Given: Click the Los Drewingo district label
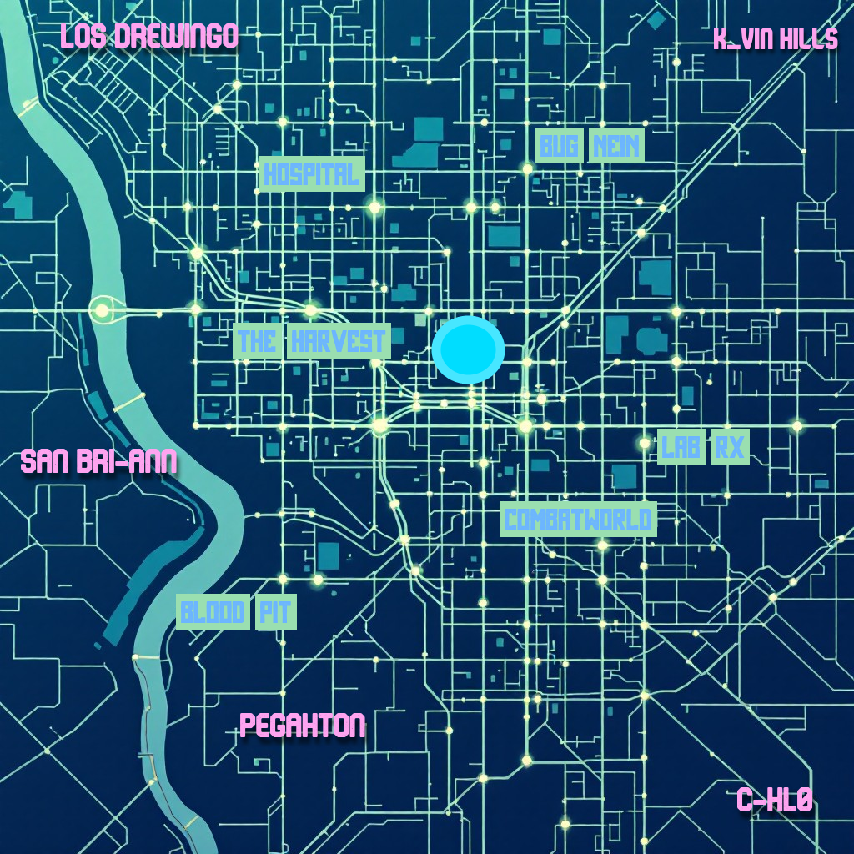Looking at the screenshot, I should (149, 36).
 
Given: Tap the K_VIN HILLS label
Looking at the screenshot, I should (775, 39).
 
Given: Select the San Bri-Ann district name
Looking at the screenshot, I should (98, 461).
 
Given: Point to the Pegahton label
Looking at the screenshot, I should (303, 726).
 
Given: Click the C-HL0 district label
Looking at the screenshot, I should (774, 801).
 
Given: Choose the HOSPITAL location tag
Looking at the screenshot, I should (312, 174).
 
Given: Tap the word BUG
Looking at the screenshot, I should (559, 148).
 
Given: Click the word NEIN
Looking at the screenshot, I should (616, 148).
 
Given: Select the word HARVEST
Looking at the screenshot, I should (338, 341).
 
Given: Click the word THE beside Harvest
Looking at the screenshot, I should (257, 341).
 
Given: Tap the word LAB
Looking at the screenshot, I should (681, 448).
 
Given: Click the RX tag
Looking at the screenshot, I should (729, 448).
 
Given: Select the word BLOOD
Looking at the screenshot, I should (213, 614).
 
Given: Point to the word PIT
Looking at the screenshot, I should (274, 614).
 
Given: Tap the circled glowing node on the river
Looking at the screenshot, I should (102, 310).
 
